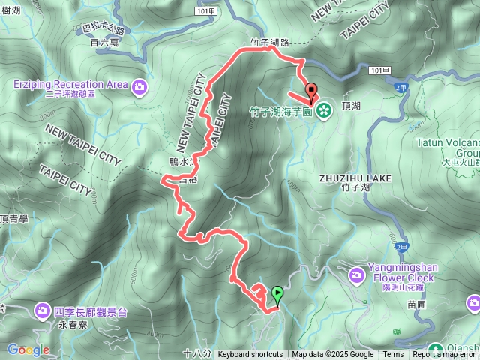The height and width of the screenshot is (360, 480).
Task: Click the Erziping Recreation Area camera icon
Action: click(139, 85)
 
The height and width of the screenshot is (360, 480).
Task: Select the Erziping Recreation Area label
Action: click(70, 84)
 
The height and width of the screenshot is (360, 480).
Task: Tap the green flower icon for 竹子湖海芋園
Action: click(324, 111)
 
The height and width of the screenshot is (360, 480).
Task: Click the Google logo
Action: click(28, 349)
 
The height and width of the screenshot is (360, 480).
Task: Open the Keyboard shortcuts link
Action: click(250, 355)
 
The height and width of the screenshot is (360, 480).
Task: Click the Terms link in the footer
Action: click(393, 355)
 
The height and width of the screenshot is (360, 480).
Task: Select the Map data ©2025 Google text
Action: click(333, 355)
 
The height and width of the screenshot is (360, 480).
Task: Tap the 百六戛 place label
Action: click(104, 43)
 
